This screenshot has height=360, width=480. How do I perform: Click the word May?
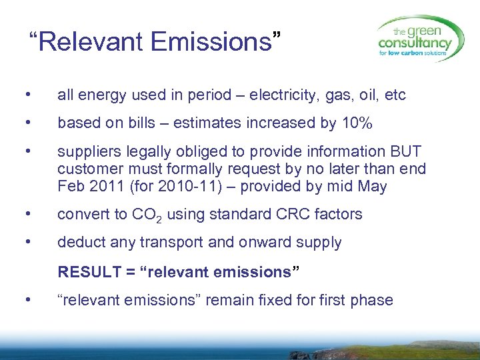(x=372, y=186)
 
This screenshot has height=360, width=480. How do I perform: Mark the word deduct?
(x=78, y=243)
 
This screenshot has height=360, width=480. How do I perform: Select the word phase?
(x=373, y=300)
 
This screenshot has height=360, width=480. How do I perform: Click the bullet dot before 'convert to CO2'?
(x=26, y=214)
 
